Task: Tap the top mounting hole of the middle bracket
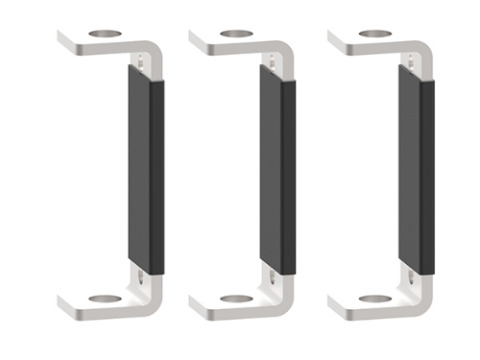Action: pyautogui.click(x=236, y=35)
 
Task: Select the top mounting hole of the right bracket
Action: pyautogui.click(x=374, y=35)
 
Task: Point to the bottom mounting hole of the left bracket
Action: pyautogui.click(x=103, y=299)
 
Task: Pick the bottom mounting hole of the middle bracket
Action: pyautogui.click(x=236, y=299)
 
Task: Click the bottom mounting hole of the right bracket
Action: pyautogui.click(x=374, y=299)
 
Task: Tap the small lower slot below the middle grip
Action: pyautogui.click(x=276, y=277)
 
